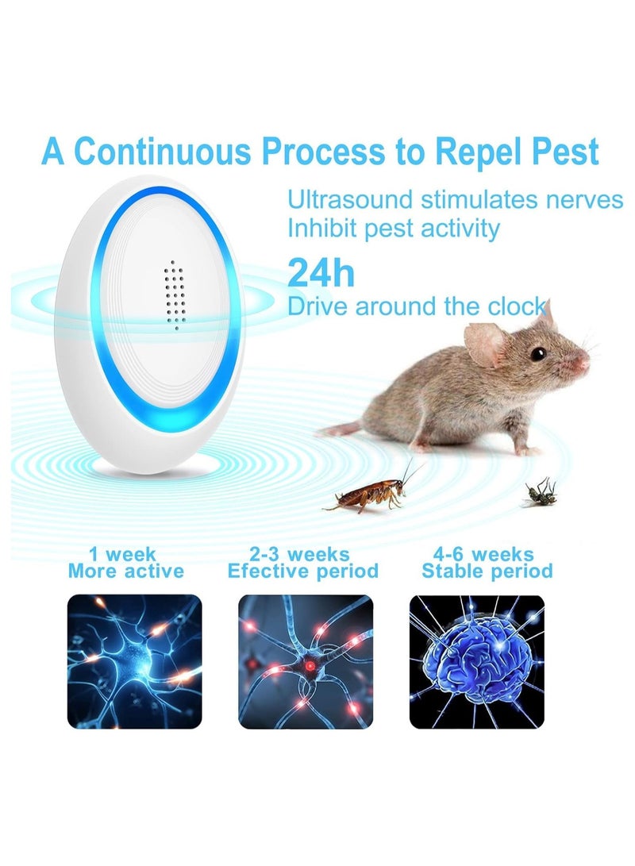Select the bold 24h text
point(321,272)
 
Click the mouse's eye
point(538,353)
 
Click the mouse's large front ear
point(484,344)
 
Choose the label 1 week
point(125,554)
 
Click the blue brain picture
point(476,661)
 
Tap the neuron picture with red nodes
point(306,661)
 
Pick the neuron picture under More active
point(134,661)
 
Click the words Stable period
point(487,571)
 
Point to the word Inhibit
point(323,229)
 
